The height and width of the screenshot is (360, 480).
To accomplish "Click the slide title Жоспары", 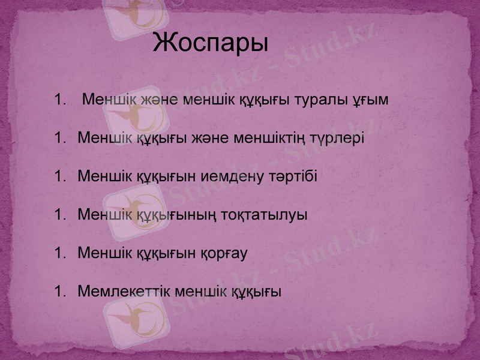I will coord(211,44).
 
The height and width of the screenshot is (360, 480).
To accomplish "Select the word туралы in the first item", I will coord(323,100).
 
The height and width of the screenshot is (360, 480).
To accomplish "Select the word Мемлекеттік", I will coord(123,292).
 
